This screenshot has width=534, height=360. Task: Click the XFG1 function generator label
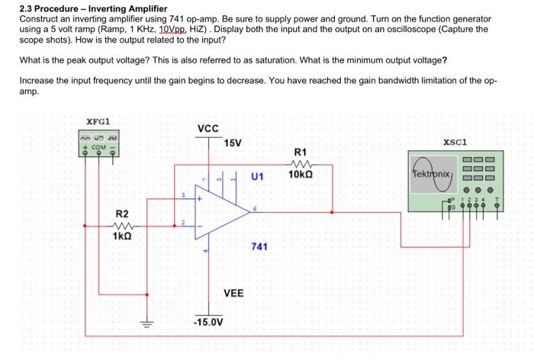pos(99,121)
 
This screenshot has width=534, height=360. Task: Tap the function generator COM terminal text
pos(100,146)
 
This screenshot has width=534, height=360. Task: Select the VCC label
pos(208,130)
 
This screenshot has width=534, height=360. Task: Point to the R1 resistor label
pos(300,153)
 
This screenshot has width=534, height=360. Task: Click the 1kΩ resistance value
pos(122,236)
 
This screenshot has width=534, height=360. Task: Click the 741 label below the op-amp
pos(259,247)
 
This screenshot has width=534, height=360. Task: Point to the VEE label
pos(233,293)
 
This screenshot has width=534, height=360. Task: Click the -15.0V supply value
pos(207,322)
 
